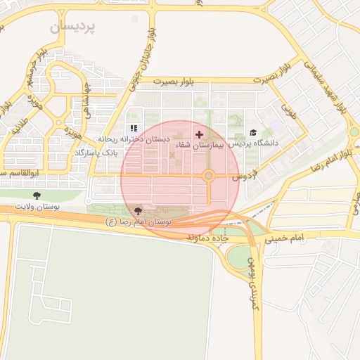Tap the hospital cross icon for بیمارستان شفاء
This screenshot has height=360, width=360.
click(199, 134)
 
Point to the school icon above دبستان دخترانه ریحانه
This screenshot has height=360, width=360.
click(133, 129)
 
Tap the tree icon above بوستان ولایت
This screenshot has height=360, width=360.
click(37, 196)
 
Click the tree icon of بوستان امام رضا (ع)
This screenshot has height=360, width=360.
click(137, 211)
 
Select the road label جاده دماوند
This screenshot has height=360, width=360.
click(208, 239)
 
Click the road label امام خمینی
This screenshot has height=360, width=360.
click(285, 239)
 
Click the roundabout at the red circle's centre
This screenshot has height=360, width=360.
click(208, 176)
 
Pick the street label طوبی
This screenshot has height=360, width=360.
click(289, 110)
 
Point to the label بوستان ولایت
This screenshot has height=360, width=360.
click(37, 207)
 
